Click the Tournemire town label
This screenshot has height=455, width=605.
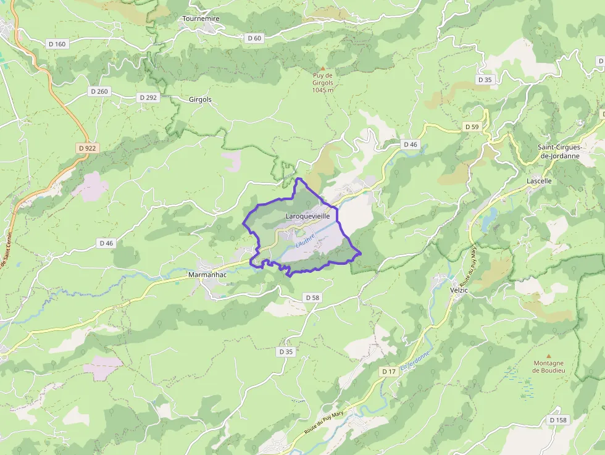pyautogui.click(x=201, y=19)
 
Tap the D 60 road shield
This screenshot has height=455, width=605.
pyautogui.click(x=254, y=38)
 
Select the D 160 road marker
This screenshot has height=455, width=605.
pyautogui.click(x=56, y=44)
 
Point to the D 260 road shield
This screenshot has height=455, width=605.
pyautogui.click(x=99, y=91)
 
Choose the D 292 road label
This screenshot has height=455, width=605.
pyautogui.click(x=148, y=98)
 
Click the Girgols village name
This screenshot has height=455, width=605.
pyautogui.click(x=200, y=99)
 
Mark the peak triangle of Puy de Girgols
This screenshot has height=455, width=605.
pyautogui.click(x=322, y=68)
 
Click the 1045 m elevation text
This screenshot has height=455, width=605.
pyautogui.click(x=322, y=90)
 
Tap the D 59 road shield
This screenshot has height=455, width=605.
pyautogui.click(x=472, y=127)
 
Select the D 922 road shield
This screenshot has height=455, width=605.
pyautogui.click(x=88, y=148)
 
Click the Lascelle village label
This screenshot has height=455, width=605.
pyautogui.click(x=539, y=182)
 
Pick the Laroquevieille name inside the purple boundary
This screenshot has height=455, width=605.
pyautogui.click(x=312, y=217)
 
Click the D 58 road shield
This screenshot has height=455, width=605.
pyautogui.click(x=312, y=298)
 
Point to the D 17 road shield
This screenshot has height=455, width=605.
pyautogui.click(x=388, y=371)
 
